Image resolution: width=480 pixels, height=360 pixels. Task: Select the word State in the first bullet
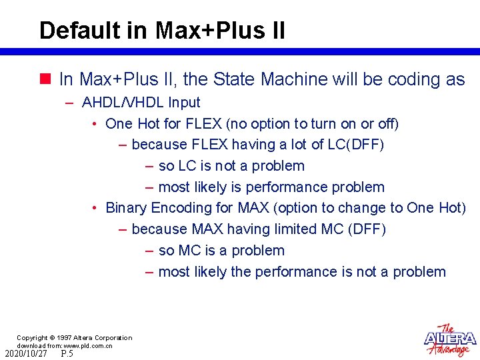[235, 79]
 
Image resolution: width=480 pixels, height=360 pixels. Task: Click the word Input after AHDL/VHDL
[183, 103]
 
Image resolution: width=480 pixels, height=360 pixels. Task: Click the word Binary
[126, 208]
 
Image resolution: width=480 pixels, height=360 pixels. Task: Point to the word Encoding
[178, 208]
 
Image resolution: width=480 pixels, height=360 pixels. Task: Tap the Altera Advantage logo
[450, 340]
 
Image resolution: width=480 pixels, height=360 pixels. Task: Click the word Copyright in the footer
[32, 338]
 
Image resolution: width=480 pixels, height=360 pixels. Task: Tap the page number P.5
[67, 353]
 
